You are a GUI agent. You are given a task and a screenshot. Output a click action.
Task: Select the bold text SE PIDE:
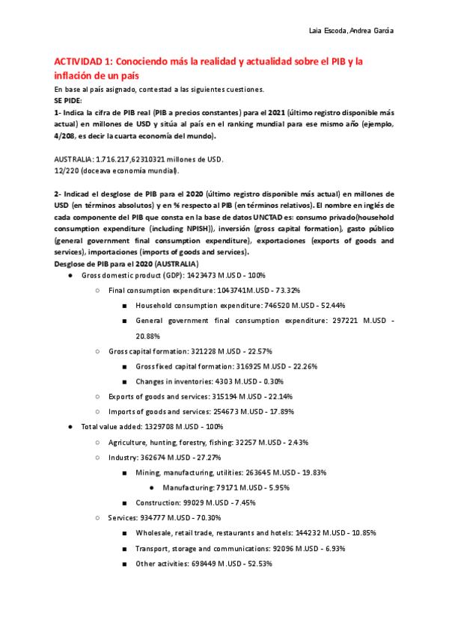point(70,99)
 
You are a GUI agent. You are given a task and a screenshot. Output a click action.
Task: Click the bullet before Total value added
point(70,427)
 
